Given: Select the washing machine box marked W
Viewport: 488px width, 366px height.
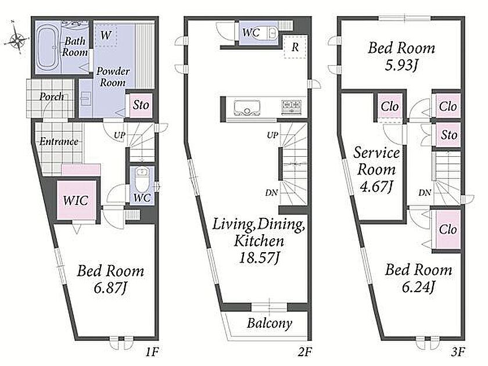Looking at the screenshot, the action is (106, 35).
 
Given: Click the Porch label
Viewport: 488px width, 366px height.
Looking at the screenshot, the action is (51, 96).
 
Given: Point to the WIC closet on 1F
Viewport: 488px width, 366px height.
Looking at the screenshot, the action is (76, 200).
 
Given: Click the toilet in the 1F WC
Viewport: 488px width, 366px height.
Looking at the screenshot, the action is (142, 180).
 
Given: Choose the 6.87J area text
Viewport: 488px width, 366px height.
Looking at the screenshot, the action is (110, 289).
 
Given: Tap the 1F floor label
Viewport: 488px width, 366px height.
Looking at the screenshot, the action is (152, 352).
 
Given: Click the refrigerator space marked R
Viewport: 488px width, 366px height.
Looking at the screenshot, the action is (295, 46).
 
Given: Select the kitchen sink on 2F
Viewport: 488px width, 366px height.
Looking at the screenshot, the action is (247, 107).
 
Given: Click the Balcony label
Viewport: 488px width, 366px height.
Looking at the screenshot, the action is (270, 324).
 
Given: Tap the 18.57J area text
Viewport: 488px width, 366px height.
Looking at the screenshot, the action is (259, 258).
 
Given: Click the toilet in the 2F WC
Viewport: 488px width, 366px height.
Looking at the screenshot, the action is (272, 33).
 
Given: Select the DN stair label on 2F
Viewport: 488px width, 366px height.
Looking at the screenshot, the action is (271, 193).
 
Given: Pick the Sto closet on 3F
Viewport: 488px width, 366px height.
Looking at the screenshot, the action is (448, 135).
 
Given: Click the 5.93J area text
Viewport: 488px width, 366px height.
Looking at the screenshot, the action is (401, 65).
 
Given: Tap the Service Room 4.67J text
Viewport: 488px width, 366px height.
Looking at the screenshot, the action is (376, 170).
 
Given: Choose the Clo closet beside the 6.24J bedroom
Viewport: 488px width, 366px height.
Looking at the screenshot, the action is (448, 229).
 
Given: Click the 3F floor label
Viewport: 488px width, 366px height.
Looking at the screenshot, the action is (458, 352).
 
